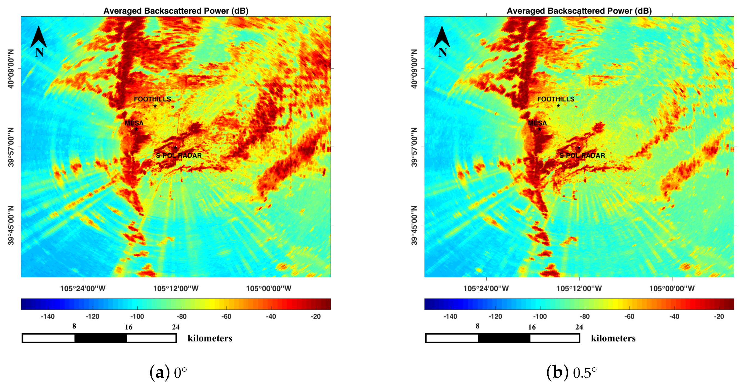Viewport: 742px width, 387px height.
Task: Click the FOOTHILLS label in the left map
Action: [x=152, y=99]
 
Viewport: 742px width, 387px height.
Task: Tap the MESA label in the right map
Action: [x=537, y=123]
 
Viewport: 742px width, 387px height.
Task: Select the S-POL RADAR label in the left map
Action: [x=179, y=156]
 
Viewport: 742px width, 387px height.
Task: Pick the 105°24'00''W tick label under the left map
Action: [x=83, y=288]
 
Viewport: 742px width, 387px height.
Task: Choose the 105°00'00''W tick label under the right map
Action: [x=672, y=288]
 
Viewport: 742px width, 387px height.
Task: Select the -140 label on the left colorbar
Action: [x=47, y=317]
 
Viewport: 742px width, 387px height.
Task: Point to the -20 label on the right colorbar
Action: [x=719, y=317]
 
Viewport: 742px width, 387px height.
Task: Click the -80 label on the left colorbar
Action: [x=182, y=317]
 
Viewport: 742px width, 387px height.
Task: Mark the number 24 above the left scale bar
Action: [x=176, y=327]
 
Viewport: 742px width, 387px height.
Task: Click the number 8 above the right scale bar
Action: [x=477, y=326]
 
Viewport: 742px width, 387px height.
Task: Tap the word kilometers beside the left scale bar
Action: [x=210, y=338]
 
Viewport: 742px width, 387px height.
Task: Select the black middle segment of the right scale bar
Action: [x=504, y=338]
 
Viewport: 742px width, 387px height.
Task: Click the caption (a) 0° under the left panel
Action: [x=168, y=373]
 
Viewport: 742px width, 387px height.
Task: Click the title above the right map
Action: [x=579, y=11]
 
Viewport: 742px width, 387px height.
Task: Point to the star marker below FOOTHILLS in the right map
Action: [x=558, y=106]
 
